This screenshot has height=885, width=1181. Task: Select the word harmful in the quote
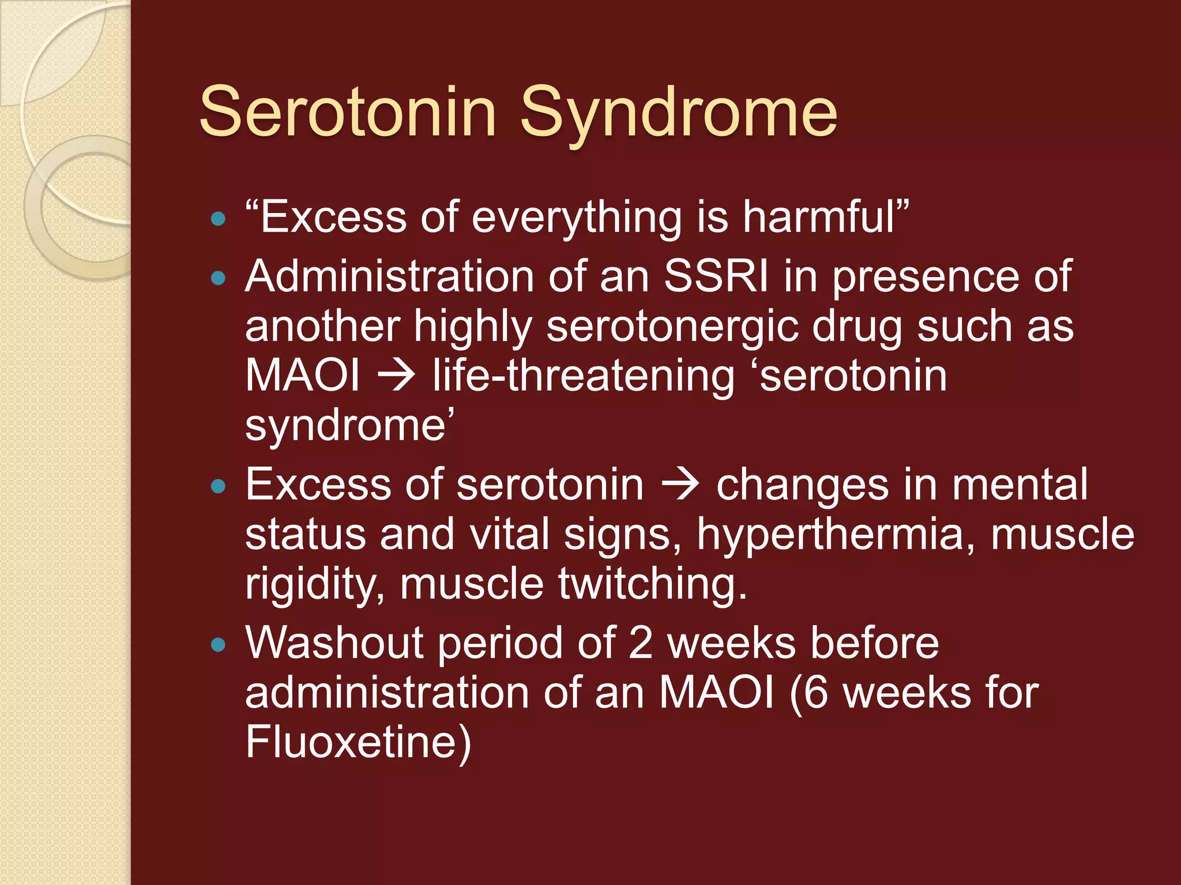[819, 217]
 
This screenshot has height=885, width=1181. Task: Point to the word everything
[577, 217]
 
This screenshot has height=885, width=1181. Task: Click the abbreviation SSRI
[716, 277]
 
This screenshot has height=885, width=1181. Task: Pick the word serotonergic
[672, 326]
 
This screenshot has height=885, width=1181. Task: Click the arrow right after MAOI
[396, 376]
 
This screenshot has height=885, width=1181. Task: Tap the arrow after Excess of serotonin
[680, 485]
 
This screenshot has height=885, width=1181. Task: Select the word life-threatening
[584, 376]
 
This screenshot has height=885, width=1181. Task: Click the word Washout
[334, 642]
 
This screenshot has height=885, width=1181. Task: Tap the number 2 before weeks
[640, 642]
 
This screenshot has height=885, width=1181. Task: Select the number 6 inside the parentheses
[815, 692]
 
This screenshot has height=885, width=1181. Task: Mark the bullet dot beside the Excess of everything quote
[218, 219]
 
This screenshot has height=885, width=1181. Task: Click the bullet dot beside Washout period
[218, 644]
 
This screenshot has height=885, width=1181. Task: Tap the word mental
[1020, 485]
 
